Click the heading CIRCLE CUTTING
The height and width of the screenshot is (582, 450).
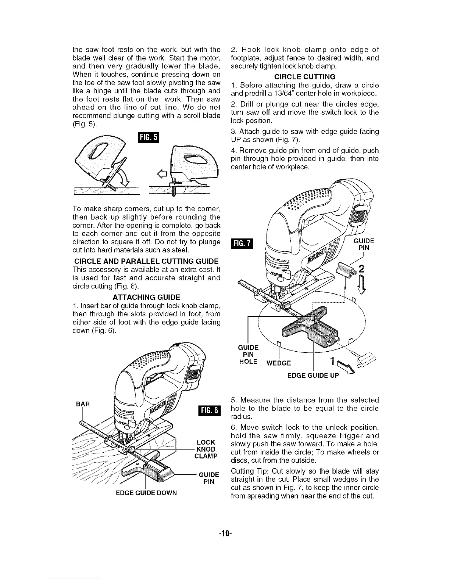click(x=305, y=77)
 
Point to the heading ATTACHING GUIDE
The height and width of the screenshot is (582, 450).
click(x=146, y=297)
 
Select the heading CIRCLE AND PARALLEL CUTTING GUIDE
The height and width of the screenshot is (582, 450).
click(x=146, y=261)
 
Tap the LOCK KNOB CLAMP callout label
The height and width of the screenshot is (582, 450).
click(x=206, y=449)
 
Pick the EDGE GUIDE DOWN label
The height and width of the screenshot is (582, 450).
click(x=146, y=493)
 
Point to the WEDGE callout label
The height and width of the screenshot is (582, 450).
click(x=279, y=363)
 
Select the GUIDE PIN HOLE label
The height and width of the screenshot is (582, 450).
click(x=248, y=355)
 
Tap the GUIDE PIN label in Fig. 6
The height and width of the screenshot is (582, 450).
click(x=209, y=478)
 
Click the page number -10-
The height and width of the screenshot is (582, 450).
click(x=225, y=532)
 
